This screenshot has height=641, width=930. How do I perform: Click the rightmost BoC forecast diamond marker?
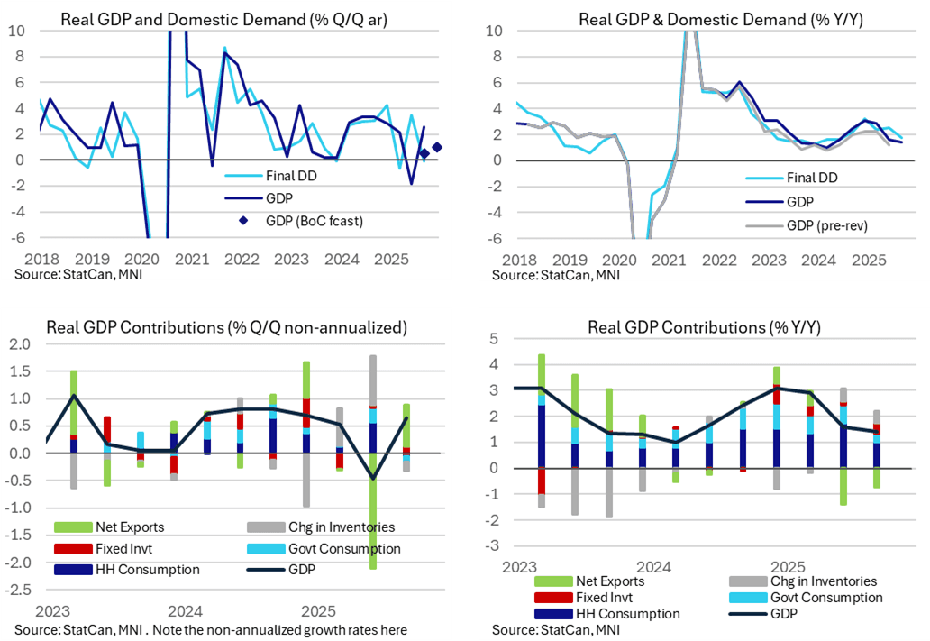click(437, 148)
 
